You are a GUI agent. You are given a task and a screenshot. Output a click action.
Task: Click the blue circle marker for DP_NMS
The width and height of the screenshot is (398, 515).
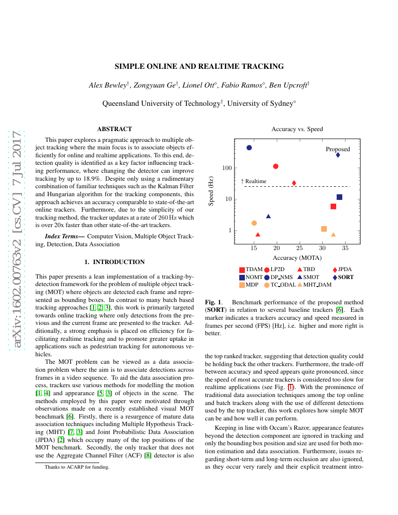pyautogui.click(x=249, y=147)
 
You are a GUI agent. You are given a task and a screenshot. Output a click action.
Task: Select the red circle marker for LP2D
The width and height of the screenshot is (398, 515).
pyautogui.click(x=276, y=166)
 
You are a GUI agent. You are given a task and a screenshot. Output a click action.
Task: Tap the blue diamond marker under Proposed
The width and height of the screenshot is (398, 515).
pyautogui.click(x=338, y=155)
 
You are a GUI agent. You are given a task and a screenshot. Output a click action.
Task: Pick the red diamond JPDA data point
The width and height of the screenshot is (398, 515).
pyautogui.click(x=294, y=183)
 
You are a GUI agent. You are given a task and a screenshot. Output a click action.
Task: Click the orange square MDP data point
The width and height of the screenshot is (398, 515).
pyautogui.click(x=324, y=229)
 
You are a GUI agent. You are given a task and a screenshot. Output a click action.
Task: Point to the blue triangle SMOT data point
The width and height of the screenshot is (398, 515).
pyautogui.click(x=268, y=216)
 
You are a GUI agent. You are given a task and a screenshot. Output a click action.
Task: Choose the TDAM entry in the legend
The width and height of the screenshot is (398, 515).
pyautogui.click(x=251, y=270)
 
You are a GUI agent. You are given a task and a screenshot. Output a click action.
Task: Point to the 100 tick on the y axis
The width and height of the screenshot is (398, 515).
pyautogui.click(x=227, y=168)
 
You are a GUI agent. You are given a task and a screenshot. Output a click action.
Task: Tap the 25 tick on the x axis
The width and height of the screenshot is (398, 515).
pyautogui.click(x=300, y=248)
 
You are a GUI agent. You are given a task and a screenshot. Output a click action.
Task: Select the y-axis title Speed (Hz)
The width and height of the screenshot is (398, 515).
pyautogui.click(x=211, y=191)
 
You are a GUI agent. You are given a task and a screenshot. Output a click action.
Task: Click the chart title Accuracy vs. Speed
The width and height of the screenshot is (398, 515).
pyautogui.click(x=297, y=129)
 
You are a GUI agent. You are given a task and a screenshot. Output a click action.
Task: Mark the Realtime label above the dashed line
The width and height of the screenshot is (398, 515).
pyautogui.click(x=256, y=181)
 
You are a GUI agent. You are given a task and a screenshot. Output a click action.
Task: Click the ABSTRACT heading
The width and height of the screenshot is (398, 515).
pyautogui.click(x=114, y=129)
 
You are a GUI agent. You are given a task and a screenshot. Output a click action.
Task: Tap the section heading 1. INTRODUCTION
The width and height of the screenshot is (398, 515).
pyautogui.click(x=114, y=262)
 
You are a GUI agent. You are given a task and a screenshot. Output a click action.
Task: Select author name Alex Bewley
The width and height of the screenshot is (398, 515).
pyautogui.click(x=108, y=85)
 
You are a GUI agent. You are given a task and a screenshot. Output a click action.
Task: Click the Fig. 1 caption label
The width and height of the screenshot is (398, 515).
pyautogui.click(x=214, y=302)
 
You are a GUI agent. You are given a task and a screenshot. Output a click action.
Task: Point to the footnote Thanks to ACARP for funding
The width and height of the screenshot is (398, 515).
pyautogui.click(x=77, y=467)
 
